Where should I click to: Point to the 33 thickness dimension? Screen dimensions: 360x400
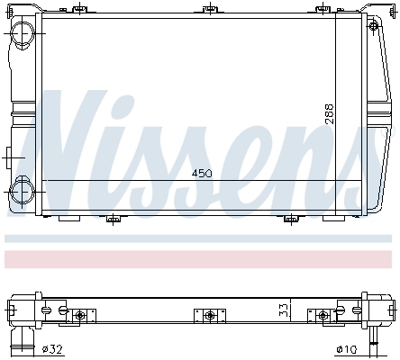(x=282, y=311)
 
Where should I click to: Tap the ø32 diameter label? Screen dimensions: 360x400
(x=51, y=349)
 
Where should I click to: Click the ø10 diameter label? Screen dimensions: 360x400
(x=347, y=349)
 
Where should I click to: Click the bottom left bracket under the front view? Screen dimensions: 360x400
(x=112, y=218)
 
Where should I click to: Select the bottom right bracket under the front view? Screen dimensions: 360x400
(x=290, y=218)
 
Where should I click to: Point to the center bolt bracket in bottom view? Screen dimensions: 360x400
(x=210, y=315)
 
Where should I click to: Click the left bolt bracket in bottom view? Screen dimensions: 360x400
(x=80, y=315)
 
